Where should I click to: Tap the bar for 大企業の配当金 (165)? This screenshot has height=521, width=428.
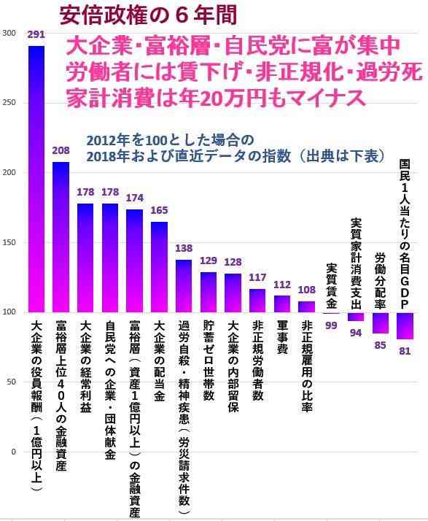pyautogui.click(x=159, y=267)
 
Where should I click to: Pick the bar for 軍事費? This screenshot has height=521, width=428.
pyautogui.click(x=282, y=304)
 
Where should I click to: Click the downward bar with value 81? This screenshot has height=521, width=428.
pyautogui.click(x=405, y=325)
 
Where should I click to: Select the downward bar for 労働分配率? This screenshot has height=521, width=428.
pyautogui.click(x=381, y=323)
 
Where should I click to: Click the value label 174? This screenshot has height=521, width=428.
pyautogui.click(x=134, y=198)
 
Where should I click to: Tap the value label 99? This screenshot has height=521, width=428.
pyautogui.click(x=331, y=325)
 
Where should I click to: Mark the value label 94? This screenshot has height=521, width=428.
pyautogui.click(x=356, y=333)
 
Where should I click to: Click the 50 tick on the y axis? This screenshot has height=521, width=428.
pyautogui.click(x=10, y=382)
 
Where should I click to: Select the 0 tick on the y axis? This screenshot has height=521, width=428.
pyautogui.click(x=12, y=452)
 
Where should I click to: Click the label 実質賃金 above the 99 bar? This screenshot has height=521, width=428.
pyautogui.click(x=331, y=285)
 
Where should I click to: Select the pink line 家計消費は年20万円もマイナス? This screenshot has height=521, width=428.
pyautogui.click(x=215, y=97)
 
